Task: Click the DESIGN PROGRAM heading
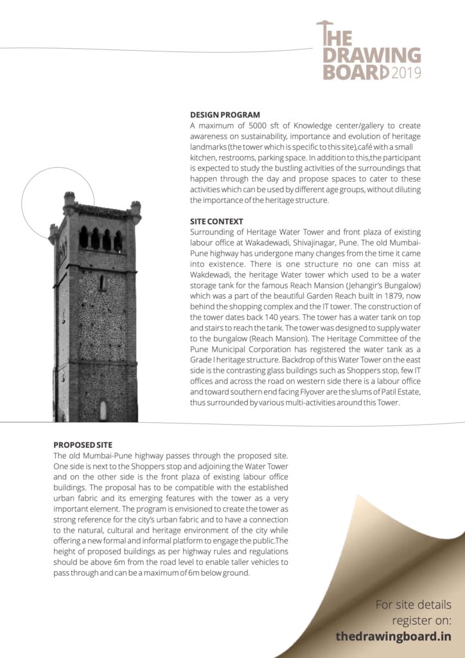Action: [225, 115]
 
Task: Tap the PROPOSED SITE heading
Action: [83, 445]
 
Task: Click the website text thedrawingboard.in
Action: [393, 636]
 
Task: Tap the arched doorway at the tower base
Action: [103, 411]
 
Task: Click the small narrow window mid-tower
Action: [101, 283]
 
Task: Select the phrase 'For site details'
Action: [414, 605]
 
